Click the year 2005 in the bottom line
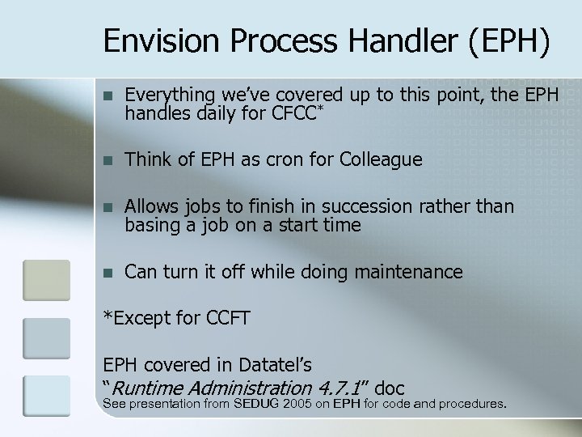298,404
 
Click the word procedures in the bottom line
470,404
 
